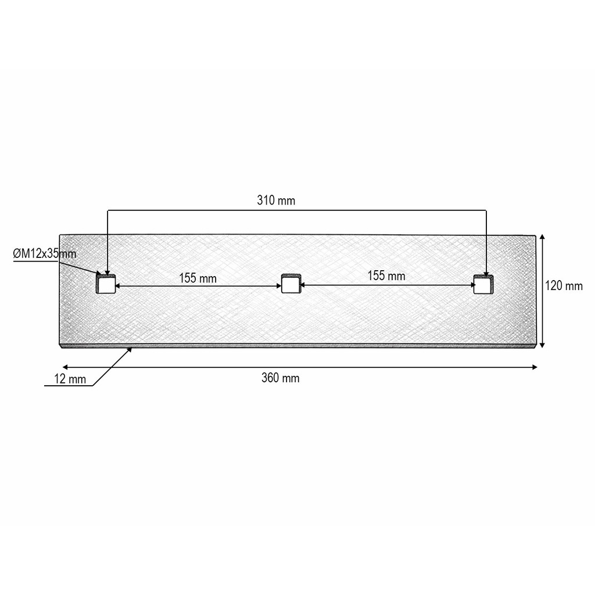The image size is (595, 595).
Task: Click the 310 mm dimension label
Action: [x=276, y=200]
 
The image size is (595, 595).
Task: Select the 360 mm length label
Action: [x=281, y=378]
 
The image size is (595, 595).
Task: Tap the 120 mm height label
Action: [x=564, y=286]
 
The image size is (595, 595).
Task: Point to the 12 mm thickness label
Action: [x=70, y=379]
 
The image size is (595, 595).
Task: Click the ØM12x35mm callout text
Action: [x=45, y=253]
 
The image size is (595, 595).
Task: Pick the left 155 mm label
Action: [x=198, y=278]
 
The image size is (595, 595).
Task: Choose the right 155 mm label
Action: [x=386, y=275]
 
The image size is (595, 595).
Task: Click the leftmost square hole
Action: [x=106, y=284]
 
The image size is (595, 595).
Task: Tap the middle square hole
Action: [x=291, y=284]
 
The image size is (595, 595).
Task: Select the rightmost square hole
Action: [x=483, y=284]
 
